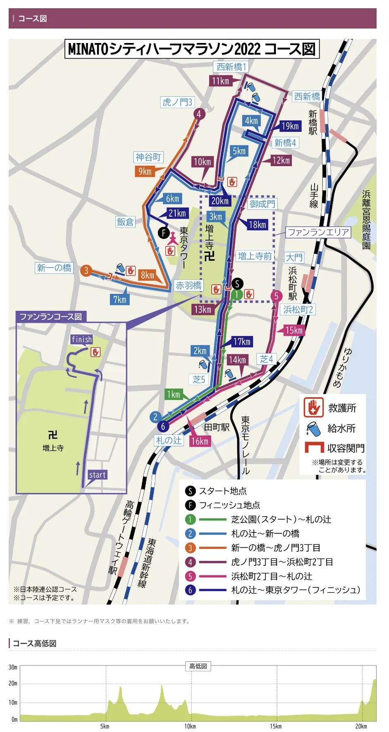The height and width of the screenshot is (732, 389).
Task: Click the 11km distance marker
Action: point(220,81)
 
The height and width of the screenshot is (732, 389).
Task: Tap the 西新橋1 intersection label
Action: point(231,67)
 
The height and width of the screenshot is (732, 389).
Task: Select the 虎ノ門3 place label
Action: point(177,102)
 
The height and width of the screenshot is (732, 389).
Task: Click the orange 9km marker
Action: point(145,172)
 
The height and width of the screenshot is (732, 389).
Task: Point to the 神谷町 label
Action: point(148,157)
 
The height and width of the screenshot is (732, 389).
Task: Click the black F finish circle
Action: point(164,233)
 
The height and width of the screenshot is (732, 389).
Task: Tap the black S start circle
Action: point(237,284)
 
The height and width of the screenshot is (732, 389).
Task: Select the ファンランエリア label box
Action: point(318,232)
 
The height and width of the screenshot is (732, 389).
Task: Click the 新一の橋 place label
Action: point(54,268)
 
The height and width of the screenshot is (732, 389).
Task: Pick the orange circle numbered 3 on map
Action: point(86,271)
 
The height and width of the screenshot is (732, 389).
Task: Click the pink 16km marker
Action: point(200,441)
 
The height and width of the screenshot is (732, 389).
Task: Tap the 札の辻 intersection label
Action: point(169,441)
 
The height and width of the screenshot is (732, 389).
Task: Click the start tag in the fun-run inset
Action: point(97,475)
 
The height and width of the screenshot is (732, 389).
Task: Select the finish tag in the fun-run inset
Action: point(81,339)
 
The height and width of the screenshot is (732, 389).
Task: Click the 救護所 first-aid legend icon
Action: point(313,408)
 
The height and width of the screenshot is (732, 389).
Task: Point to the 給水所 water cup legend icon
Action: point(313,429)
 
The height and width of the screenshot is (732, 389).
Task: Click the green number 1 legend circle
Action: point(190,520)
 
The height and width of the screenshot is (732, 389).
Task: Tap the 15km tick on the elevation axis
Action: point(275,726)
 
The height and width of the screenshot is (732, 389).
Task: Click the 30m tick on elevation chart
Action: point(13,667)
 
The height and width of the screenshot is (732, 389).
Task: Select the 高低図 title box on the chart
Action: point(198,666)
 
